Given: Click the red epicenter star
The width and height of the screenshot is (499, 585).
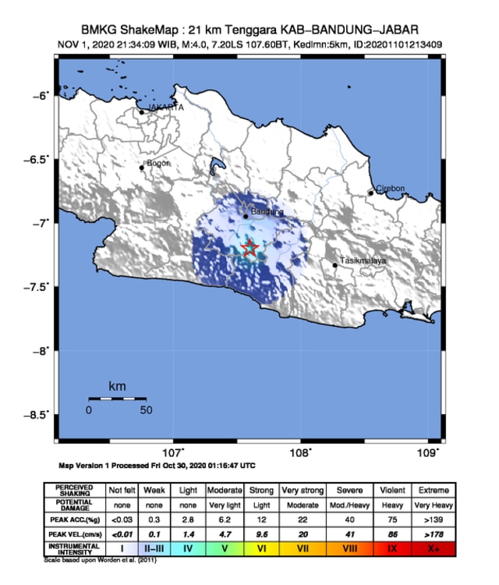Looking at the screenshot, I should [x=249, y=249].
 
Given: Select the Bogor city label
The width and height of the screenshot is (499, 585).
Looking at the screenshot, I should [x=157, y=163].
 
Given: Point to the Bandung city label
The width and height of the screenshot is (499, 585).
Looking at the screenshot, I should [x=267, y=211].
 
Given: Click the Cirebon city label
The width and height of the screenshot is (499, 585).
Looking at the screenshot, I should [x=391, y=189].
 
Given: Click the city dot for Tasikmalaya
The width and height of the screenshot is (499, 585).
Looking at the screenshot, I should [x=335, y=265].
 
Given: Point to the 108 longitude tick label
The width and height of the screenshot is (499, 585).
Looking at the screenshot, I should [x=300, y=452].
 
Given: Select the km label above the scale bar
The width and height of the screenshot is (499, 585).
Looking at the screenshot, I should [x=117, y=386].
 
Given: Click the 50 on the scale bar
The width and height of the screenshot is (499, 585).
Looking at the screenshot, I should [x=145, y=410].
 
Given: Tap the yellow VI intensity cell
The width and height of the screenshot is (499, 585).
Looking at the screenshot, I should [x=261, y=550].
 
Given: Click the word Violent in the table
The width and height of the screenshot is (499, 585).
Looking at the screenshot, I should [x=392, y=491].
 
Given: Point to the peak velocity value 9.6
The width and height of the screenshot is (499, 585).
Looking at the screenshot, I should [x=261, y=534].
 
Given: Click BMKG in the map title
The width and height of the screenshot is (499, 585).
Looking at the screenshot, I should [x=98, y=30].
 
